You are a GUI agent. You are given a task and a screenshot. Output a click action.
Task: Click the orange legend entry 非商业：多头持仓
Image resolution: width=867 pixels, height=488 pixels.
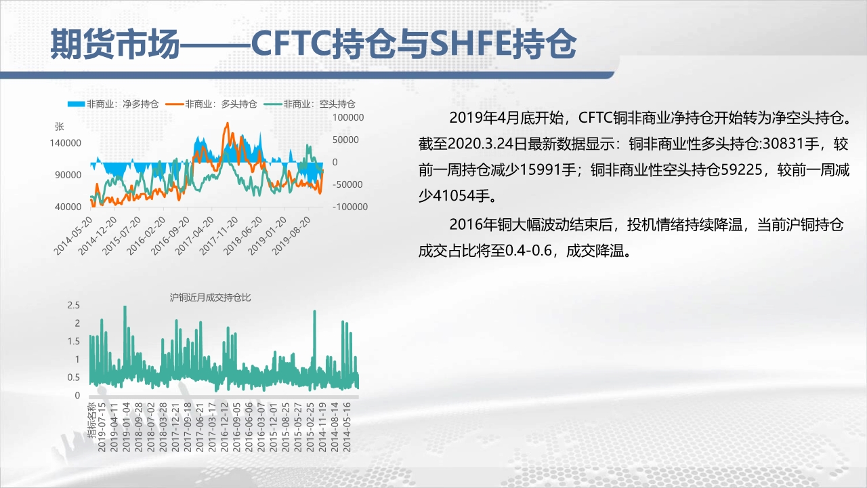tap(211, 104)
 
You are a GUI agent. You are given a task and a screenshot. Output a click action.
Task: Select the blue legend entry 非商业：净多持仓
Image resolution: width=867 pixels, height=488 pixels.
tap(113, 104)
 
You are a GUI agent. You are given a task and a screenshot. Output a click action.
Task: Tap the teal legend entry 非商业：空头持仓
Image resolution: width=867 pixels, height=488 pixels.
tap(310, 104)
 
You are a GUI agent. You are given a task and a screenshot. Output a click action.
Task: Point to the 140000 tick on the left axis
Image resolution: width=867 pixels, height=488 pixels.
tap(66, 143)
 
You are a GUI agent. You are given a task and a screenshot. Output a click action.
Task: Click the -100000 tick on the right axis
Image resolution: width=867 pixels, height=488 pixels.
tap(350, 207)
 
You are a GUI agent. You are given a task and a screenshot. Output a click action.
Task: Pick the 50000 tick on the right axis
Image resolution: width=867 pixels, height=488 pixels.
tap(345, 140)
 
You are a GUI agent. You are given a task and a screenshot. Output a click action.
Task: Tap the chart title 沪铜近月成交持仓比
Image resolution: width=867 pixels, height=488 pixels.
tap(210, 298)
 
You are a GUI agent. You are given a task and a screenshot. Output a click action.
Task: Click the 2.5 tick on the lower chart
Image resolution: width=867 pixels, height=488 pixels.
tap(74, 305)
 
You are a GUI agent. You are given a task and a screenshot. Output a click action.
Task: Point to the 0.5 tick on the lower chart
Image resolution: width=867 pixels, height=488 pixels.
tap(74, 378)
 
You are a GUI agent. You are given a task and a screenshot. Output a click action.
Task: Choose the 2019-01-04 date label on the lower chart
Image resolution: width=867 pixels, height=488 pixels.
tap(126, 427)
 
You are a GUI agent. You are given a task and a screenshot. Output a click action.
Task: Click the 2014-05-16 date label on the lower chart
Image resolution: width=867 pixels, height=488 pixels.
tap(347, 427)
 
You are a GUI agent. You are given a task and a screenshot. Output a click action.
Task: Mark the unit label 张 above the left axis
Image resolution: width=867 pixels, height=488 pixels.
tap(59, 127)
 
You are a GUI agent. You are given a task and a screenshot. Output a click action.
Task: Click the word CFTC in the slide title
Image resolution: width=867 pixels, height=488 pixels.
tap(291, 43)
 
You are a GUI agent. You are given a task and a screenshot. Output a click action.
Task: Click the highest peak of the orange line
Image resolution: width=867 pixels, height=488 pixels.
tap(227, 123)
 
